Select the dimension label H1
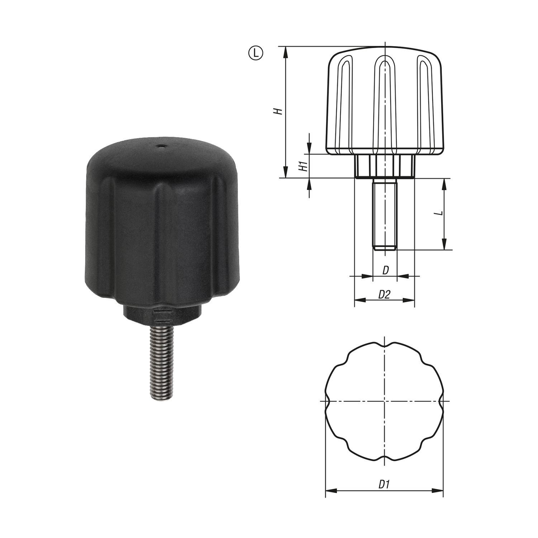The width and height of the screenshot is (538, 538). [x=304, y=166]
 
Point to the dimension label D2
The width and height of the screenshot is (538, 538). [x=384, y=295]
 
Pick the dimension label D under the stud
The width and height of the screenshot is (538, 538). [x=385, y=271]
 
